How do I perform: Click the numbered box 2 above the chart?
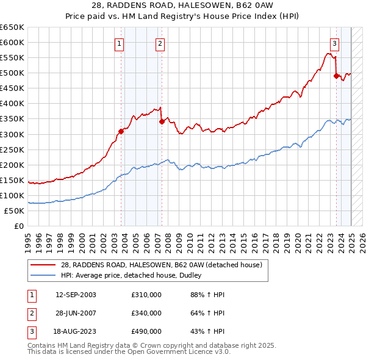[159, 43]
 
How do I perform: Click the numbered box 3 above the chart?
[335, 43]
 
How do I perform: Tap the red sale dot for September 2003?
[121, 131]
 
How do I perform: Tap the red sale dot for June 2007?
[162, 121]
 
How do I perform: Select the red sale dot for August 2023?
[336, 76]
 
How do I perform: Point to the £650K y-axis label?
[12, 27]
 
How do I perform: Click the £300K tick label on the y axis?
[12, 134]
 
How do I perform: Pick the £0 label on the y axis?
[18, 226]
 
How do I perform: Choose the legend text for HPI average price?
[131, 276]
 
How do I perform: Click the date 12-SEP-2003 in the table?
[76, 295]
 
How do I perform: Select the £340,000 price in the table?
[146, 313]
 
